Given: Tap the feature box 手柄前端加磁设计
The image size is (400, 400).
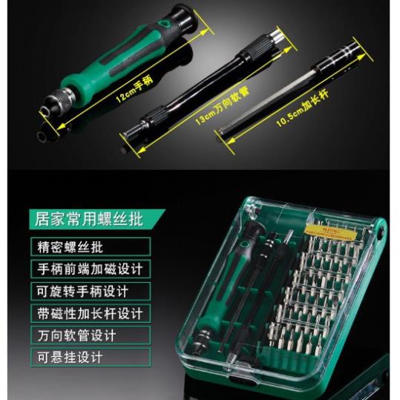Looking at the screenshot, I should (x=90, y=269).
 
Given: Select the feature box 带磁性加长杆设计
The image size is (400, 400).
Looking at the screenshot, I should (x=90, y=313).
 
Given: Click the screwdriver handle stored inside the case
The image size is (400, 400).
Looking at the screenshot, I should (x=238, y=289).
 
